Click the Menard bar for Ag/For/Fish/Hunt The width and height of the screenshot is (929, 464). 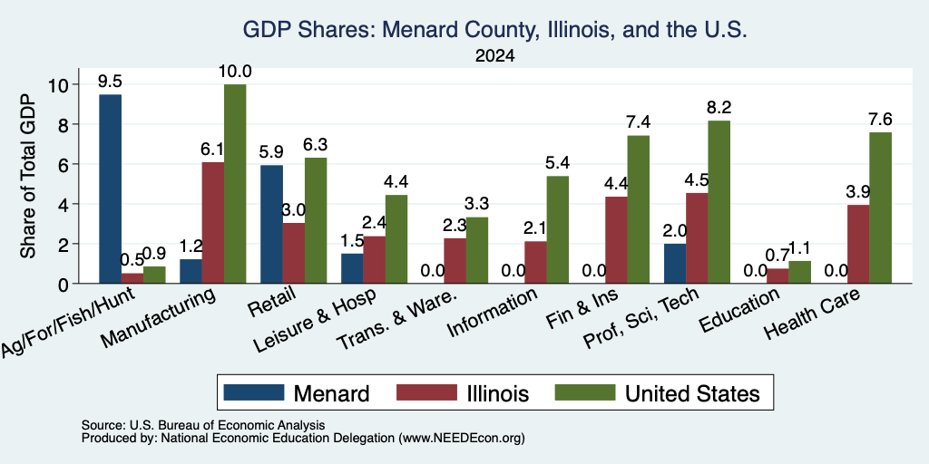[x=110, y=188]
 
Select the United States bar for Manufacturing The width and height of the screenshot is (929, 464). [x=235, y=184]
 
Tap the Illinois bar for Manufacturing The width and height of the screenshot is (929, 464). [x=213, y=223]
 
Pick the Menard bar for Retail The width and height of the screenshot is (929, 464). [x=271, y=225]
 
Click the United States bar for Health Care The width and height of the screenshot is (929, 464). [x=880, y=208]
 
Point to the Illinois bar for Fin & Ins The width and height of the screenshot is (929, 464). [x=616, y=239]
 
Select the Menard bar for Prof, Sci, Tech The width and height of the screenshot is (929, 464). [x=675, y=264]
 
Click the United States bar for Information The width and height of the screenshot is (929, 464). [x=558, y=229]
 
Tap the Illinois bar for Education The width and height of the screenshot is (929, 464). [x=777, y=275]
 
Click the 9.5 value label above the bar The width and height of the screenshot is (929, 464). [x=110, y=82]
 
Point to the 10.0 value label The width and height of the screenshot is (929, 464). [x=235, y=72]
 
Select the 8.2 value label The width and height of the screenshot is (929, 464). [x=719, y=108]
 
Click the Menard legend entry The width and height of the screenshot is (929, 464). [x=297, y=393]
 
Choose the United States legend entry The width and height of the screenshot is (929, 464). [x=658, y=393]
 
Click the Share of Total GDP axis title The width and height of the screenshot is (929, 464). [x=28, y=176]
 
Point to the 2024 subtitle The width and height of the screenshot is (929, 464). [x=494, y=56]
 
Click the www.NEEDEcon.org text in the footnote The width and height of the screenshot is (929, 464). [x=462, y=439]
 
